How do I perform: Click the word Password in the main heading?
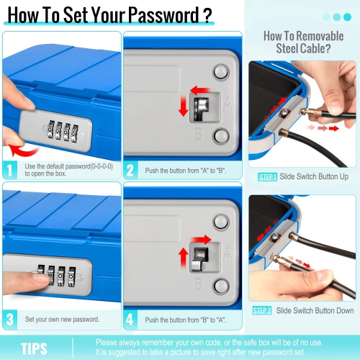point(164,15)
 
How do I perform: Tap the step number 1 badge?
point(9,170)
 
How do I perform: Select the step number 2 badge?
point(130,170)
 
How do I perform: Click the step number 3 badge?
point(9,320)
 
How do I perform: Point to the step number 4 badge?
point(130,320)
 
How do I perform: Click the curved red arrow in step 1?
point(23,150)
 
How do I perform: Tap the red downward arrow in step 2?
point(184,106)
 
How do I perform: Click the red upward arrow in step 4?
point(184,258)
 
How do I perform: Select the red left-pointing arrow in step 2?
point(200,90)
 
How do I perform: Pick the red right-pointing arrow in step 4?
point(201,240)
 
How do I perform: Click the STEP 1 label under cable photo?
point(268,177)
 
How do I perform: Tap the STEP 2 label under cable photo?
point(262,310)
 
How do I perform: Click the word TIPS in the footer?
point(34,348)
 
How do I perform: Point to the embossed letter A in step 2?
point(228,104)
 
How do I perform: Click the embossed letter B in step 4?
point(199,284)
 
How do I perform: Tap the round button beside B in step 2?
point(221,135)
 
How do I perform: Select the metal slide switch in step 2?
point(202,108)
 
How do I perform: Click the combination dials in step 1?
point(63,131)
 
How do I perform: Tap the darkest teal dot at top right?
point(347,17)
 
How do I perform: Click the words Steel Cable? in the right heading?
point(303,48)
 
